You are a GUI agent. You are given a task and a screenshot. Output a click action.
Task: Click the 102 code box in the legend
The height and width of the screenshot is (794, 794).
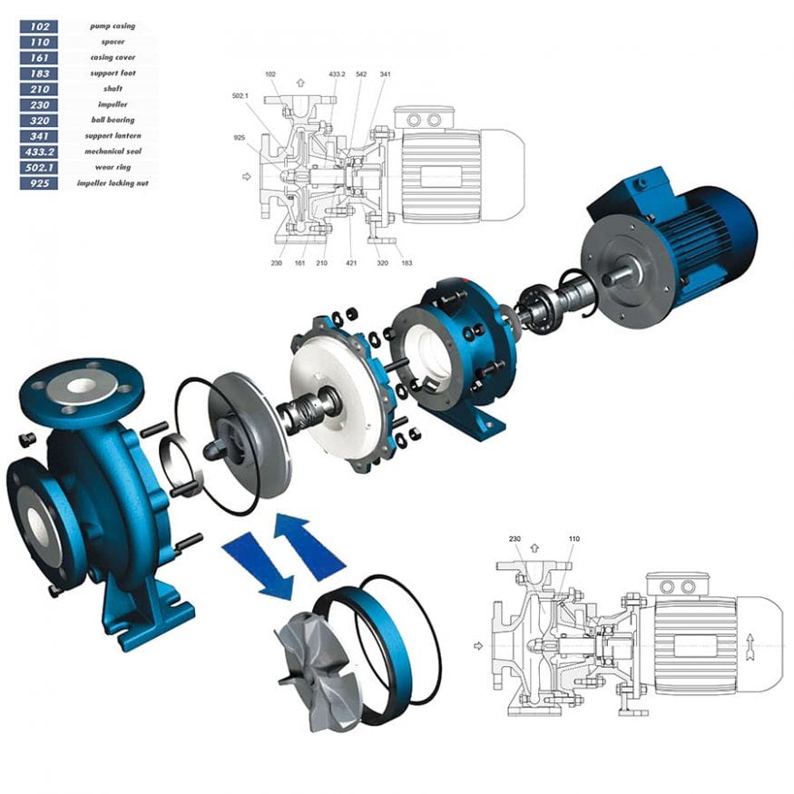click(38, 26)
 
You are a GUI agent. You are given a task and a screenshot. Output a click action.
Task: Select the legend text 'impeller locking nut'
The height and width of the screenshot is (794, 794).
click(113, 183)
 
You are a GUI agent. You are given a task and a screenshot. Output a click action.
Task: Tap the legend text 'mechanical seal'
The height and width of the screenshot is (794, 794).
click(113, 152)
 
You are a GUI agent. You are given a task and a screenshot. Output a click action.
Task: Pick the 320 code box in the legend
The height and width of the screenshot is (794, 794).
click(38, 121)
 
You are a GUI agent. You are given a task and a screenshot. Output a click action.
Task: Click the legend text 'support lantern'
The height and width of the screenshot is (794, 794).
click(113, 136)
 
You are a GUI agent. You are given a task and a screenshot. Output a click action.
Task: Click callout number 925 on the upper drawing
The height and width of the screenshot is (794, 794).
click(240, 137)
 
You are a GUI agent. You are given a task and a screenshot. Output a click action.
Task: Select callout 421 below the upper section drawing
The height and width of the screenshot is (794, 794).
click(350, 264)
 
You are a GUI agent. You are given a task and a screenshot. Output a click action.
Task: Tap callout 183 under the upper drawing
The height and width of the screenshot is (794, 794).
click(406, 263)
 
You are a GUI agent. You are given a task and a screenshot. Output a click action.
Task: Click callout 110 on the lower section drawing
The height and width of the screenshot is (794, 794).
click(573, 538)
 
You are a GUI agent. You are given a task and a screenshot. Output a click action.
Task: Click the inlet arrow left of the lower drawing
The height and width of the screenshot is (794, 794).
click(477, 646)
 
